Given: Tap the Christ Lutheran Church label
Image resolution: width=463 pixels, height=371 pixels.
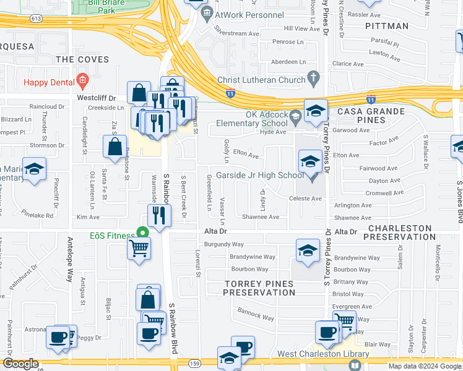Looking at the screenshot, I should click(261, 80).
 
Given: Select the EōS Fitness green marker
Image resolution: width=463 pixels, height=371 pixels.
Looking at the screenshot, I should click(142, 234).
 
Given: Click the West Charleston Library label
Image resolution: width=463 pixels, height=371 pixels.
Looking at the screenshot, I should click(322, 354).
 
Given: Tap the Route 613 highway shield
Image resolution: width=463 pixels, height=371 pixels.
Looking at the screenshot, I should click(36, 19).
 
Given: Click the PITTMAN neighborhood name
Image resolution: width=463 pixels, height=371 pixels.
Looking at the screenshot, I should click(387, 26).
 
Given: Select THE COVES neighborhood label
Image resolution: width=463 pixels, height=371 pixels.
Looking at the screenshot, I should click(82, 60).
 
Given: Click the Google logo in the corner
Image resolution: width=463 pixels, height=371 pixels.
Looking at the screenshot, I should click(20, 364).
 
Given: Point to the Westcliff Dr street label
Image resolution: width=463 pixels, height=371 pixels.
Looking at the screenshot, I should click(96, 98).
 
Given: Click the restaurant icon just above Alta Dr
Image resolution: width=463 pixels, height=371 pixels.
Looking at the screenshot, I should click(159, 215).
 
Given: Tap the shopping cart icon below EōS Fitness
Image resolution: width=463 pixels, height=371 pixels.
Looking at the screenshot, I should click(139, 249).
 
